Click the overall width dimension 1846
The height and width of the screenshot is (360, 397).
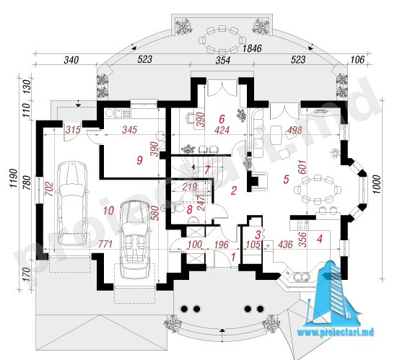pyautogui.click(x=252, y=48)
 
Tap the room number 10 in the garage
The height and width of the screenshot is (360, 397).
pyautogui.click(x=108, y=211)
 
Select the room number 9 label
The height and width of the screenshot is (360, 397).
pyautogui.click(x=139, y=160)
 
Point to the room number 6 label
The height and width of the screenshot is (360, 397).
pyautogui.click(x=222, y=118)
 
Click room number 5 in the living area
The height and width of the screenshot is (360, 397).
pyautogui.click(x=286, y=179)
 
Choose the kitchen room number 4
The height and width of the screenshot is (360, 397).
pyautogui.click(x=320, y=238)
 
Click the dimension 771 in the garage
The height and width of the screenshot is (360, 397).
pyautogui.click(x=105, y=244)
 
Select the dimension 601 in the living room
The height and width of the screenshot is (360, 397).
pyautogui.click(x=303, y=167)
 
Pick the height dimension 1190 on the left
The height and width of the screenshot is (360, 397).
pyautogui.click(x=14, y=178)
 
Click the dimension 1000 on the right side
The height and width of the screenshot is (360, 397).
pyautogui.click(x=377, y=185)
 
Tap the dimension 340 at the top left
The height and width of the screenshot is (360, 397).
pyautogui.click(x=71, y=60)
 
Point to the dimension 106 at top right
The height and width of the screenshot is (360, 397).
pyautogui.click(x=357, y=59)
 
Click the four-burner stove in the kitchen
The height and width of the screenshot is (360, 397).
pyautogui.click(x=303, y=225)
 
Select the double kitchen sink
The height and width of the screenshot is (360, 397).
pyautogui.click(x=301, y=277)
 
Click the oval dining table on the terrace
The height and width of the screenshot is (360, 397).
pyautogui.click(x=222, y=40)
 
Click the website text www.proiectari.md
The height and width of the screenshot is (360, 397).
pyautogui.click(x=336, y=333)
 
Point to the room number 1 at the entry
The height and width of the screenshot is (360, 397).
pyautogui.click(x=233, y=257)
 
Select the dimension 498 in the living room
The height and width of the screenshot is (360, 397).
pyautogui.click(x=295, y=130)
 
